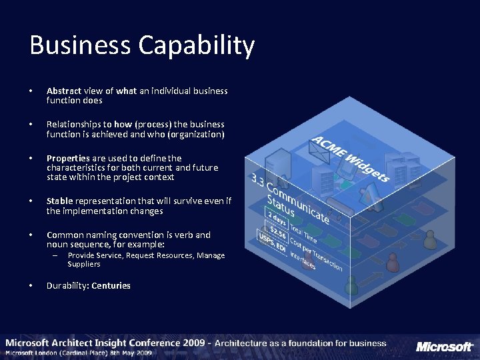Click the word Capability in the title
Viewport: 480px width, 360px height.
click(x=197, y=47)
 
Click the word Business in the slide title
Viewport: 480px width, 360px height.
click(x=80, y=45)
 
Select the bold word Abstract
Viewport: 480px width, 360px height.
click(x=64, y=91)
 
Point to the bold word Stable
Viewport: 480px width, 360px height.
click(x=59, y=201)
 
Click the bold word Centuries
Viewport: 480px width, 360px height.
click(x=111, y=286)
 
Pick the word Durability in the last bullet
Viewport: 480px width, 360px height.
click(x=67, y=286)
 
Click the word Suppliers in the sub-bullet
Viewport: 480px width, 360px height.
click(x=84, y=264)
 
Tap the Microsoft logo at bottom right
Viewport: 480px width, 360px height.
click(x=444, y=347)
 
